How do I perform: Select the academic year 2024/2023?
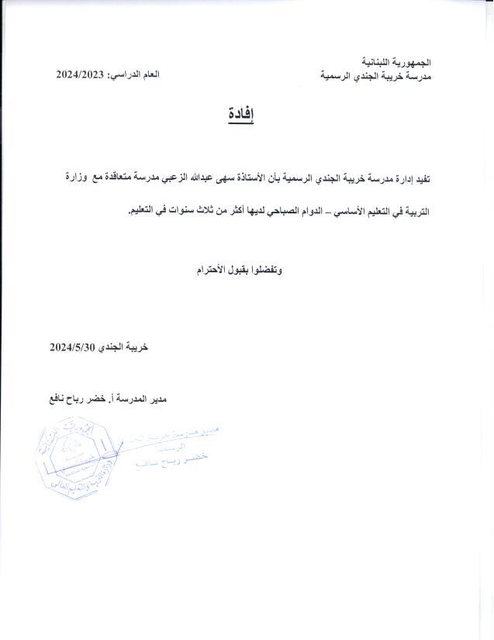(81, 74)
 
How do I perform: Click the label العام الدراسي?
(136, 74)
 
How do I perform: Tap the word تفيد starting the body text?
(419, 179)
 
